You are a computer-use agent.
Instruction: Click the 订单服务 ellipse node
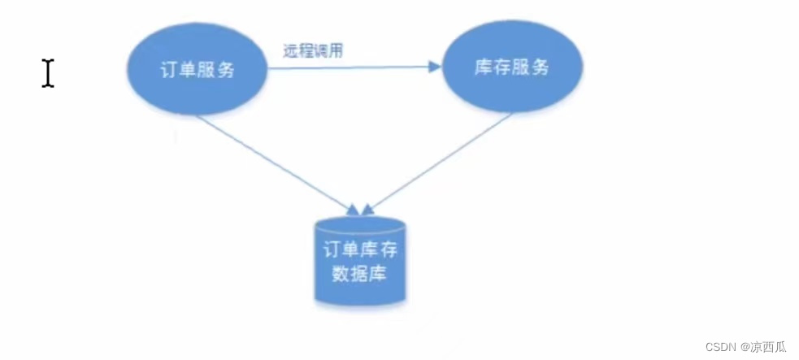[x=198, y=69]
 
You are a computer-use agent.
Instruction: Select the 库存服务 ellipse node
[x=511, y=67]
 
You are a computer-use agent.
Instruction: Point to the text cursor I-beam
[x=48, y=73]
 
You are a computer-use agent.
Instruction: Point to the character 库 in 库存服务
[x=483, y=67]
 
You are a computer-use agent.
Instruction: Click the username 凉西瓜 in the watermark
[x=769, y=346]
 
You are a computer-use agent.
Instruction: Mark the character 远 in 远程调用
[x=289, y=50]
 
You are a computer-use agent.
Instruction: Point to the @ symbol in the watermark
[x=744, y=346]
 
